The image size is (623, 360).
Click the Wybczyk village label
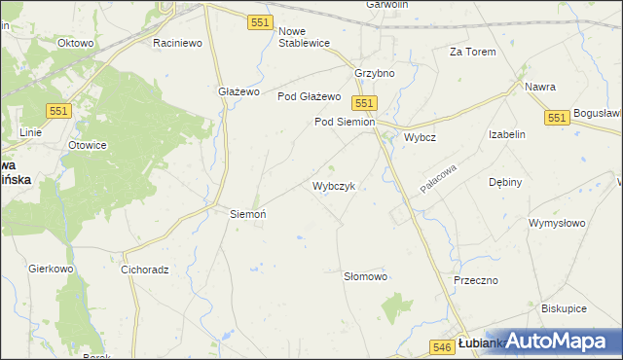340,185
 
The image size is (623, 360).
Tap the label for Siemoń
247,213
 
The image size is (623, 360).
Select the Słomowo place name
366,276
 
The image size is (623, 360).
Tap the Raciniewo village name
177,44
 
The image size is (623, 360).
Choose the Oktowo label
75,44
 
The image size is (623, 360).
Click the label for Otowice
87,145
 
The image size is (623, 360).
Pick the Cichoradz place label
145,270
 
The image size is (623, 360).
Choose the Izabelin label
507,135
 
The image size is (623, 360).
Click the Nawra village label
540,87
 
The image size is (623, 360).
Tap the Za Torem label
472,52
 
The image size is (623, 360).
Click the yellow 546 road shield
441,345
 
